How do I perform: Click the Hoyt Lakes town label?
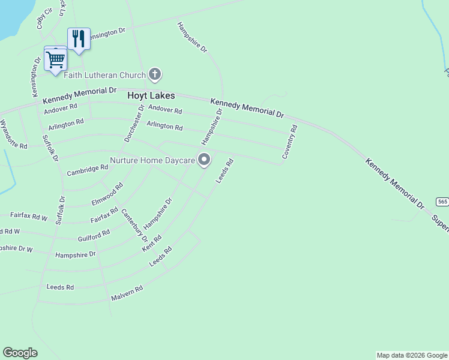point(151,95)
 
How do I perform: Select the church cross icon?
point(155,74)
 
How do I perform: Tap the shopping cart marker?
point(55,59)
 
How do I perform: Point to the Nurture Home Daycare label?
point(152,161)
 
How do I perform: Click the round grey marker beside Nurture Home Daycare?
point(204,160)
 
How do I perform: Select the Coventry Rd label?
point(290,142)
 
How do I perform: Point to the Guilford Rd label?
point(94,235)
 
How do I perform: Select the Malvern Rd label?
point(127,293)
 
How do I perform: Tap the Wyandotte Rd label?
point(14,134)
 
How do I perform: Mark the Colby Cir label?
point(41,17)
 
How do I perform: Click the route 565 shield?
point(442,202)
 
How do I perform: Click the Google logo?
point(20,353)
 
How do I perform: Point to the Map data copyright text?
point(412,355)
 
